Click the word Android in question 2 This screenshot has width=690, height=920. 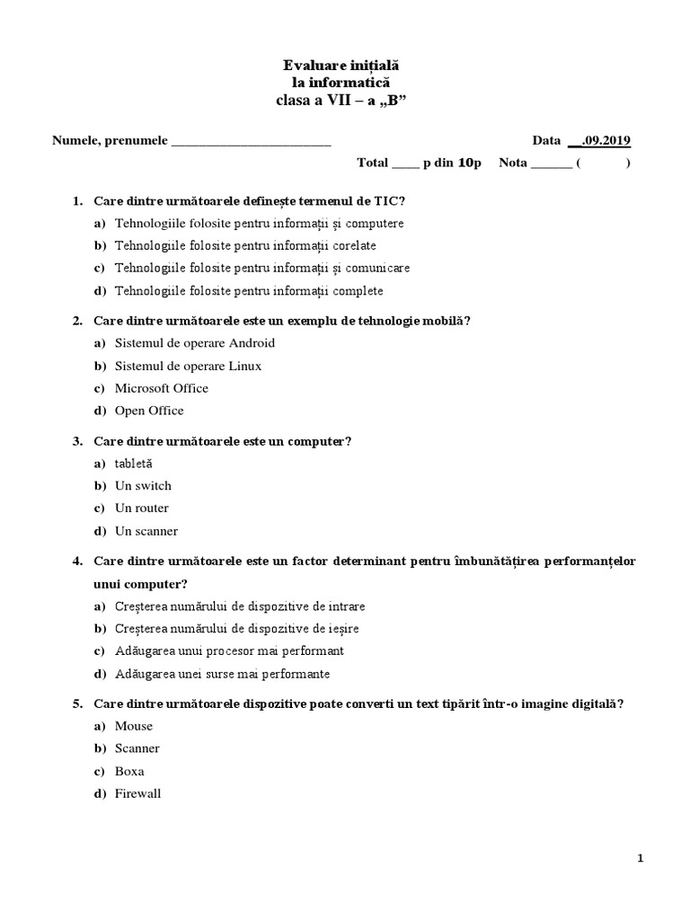[x=252, y=343]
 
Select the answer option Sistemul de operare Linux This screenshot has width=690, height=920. [x=188, y=366]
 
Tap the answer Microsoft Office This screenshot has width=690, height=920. [x=161, y=388]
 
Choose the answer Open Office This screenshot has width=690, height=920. [x=149, y=411]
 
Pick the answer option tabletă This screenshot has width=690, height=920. [x=134, y=464]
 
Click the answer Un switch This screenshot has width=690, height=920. [x=143, y=486]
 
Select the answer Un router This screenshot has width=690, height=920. [x=141, y=509]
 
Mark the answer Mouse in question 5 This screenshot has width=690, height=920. [x=134, y=726]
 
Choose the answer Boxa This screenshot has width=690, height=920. [x=129, y=771]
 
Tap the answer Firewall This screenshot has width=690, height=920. [x=137, y=793]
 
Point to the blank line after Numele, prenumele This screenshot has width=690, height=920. [x=251, y=142]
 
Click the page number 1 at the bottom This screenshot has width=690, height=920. [x=640, y=859]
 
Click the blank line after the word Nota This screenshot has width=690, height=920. [x=551, y=164]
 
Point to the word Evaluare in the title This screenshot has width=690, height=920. [x=314, y=66]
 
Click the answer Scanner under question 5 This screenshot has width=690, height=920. [x=137, y=748]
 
